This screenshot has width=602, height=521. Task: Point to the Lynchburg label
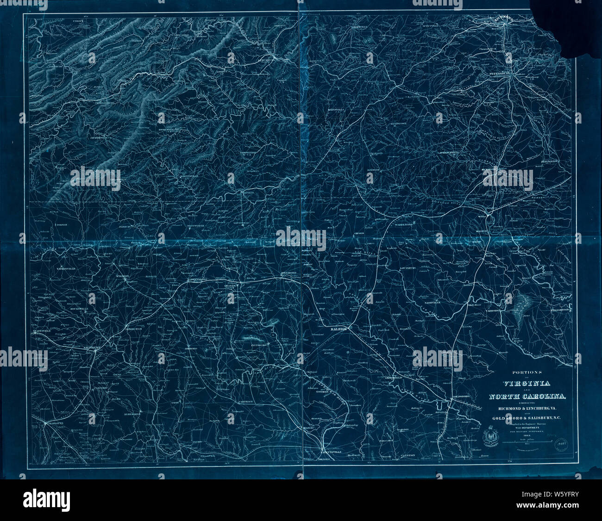(268, 60)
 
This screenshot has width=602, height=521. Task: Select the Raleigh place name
(339, 328)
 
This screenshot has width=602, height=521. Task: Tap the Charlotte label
(53, 423)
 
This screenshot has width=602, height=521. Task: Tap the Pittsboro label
(259, 345)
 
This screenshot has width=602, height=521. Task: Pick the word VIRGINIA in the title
(526, 384)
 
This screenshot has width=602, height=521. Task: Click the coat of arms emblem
(489, 435)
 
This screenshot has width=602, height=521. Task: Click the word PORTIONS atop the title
(527, 372)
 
